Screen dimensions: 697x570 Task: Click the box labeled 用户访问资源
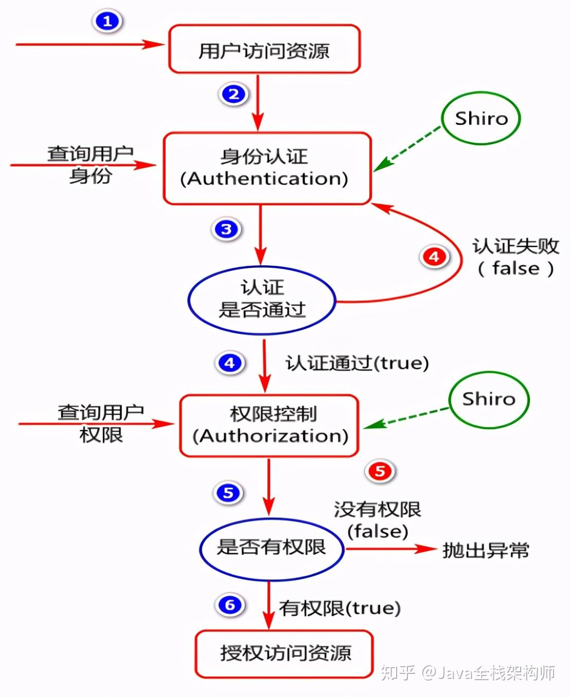tap(264, 49)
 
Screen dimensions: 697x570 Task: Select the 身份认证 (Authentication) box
tap(266, 168)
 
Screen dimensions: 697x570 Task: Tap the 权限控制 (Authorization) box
tap(269, 426)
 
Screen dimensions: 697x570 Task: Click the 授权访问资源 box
tap(284, 654)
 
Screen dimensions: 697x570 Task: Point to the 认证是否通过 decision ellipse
tap(262, 300)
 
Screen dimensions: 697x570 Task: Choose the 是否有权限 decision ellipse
tap(271, 548)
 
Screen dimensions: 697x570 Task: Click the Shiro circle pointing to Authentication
tap(481, 119)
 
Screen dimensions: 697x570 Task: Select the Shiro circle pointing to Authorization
tap(488, 399)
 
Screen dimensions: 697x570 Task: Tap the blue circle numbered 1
tap(107, 22)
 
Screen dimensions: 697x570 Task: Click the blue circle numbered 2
tap(234, 94)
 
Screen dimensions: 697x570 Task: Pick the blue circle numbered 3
tap(226, 229)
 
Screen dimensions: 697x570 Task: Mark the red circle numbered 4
tap(434, 256)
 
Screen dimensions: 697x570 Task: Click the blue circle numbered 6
tap(229, 605)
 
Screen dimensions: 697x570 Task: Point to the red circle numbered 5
tap(380, 471)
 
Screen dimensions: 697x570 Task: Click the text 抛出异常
tap(485, 551)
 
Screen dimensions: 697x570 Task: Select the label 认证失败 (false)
tap(515, 257)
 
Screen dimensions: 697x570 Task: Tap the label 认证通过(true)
tap(357, 363)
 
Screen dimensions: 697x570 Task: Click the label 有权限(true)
tap(340, 608)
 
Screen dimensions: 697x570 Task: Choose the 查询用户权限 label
tap(101, 424)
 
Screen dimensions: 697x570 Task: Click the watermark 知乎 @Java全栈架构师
tap(468, 673)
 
